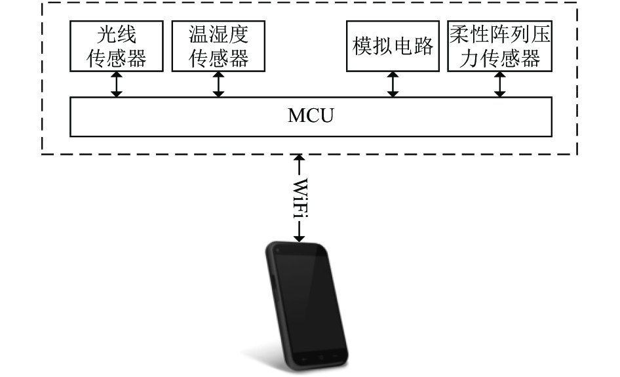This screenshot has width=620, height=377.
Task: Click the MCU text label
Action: (311, 116)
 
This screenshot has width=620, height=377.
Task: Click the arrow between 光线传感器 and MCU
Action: (116, 85)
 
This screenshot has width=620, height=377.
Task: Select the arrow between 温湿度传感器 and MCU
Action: (218, 85)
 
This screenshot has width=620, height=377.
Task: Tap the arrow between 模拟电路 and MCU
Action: (393, 85)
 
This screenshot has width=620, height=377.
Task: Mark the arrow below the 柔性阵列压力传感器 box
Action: (500, 85)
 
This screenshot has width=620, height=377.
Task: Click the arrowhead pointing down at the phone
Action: (300, 238)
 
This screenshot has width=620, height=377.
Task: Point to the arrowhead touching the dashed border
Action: (300, 158)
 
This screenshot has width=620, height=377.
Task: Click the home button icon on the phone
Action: (321, 357)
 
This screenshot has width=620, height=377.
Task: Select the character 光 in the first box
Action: (107, 35)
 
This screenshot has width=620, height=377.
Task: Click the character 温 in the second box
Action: (199, 35)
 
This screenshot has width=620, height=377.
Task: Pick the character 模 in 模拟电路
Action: (362, 47)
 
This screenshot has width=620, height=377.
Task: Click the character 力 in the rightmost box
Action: (469, 58)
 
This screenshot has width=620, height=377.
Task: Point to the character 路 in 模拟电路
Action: (423, 47)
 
